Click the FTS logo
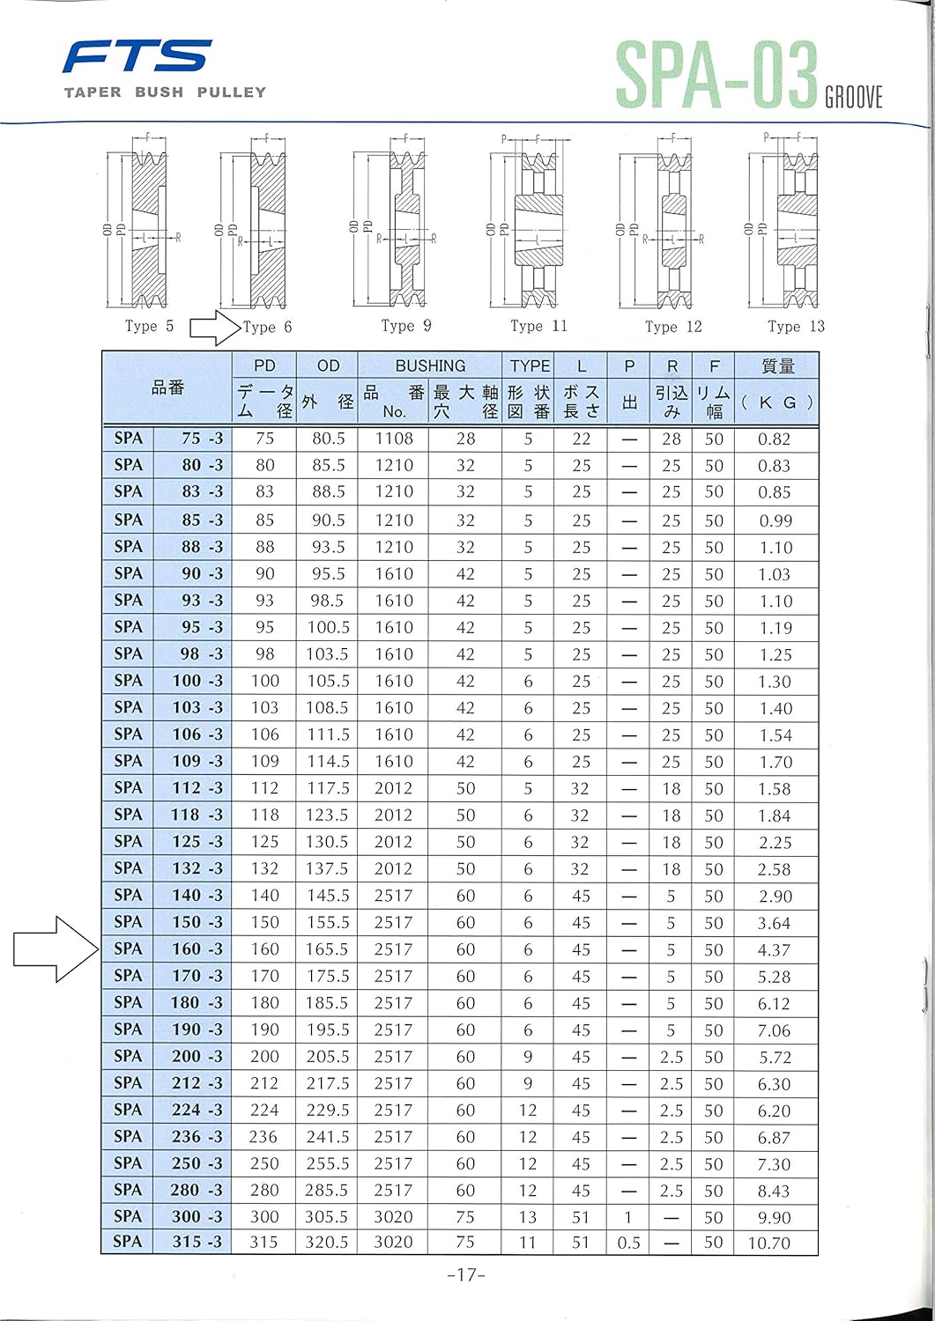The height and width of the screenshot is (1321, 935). click(x=137, y=57)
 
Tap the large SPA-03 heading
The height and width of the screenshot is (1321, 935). click(x=716, y=76)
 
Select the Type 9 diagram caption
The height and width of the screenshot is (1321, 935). click(x=406, y=326)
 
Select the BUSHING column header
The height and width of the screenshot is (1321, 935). click(x=430, y=365)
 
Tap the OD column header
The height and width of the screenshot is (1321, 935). click(x=328, y=365)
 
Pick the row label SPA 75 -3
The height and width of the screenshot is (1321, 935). click(x=167, y=439)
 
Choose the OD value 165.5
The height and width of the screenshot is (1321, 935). click(x=327, y=949)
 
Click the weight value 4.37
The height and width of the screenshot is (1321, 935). click(x=775, y=950)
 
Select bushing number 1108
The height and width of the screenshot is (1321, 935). click(x=393, y=439)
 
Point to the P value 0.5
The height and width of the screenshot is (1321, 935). click(x=628, y=1243)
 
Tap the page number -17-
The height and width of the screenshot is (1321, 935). click(x=466, y=1274)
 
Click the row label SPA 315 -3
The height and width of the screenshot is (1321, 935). click(x=167, y=1243)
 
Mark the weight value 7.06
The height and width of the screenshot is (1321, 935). click(x=775, y=1030)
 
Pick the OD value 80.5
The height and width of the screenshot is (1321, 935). click(x=328, y=439)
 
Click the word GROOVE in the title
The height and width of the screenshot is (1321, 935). click(x=854, y=97)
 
